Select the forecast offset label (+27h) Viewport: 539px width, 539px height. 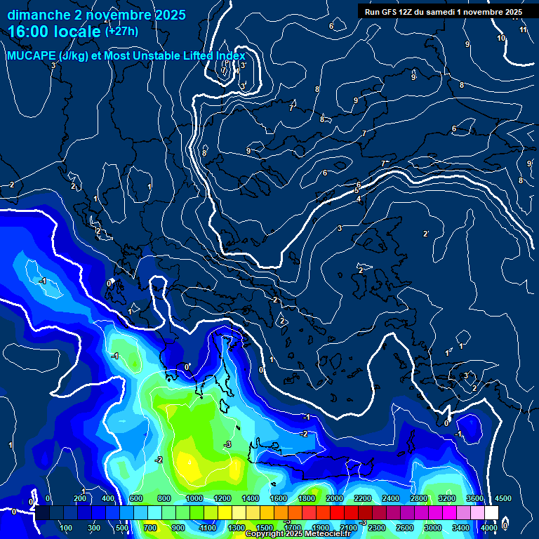coord(121,31)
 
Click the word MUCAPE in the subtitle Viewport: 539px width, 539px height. coord(32,56)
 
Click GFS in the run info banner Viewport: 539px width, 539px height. coord(390,12)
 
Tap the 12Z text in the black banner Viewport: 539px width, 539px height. coord(408,12)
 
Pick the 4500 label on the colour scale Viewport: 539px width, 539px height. coord(503,498)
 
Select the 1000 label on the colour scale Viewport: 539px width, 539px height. coord(194,498)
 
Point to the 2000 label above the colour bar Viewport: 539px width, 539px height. coord(335,498)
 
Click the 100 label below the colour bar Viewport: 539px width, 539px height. coord(67,528)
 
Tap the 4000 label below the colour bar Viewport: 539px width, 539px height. coord(489,528)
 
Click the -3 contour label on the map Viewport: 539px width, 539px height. coord(227,445)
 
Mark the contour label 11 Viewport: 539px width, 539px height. coord(524,30)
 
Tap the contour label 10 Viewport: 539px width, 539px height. coord(501,38)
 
